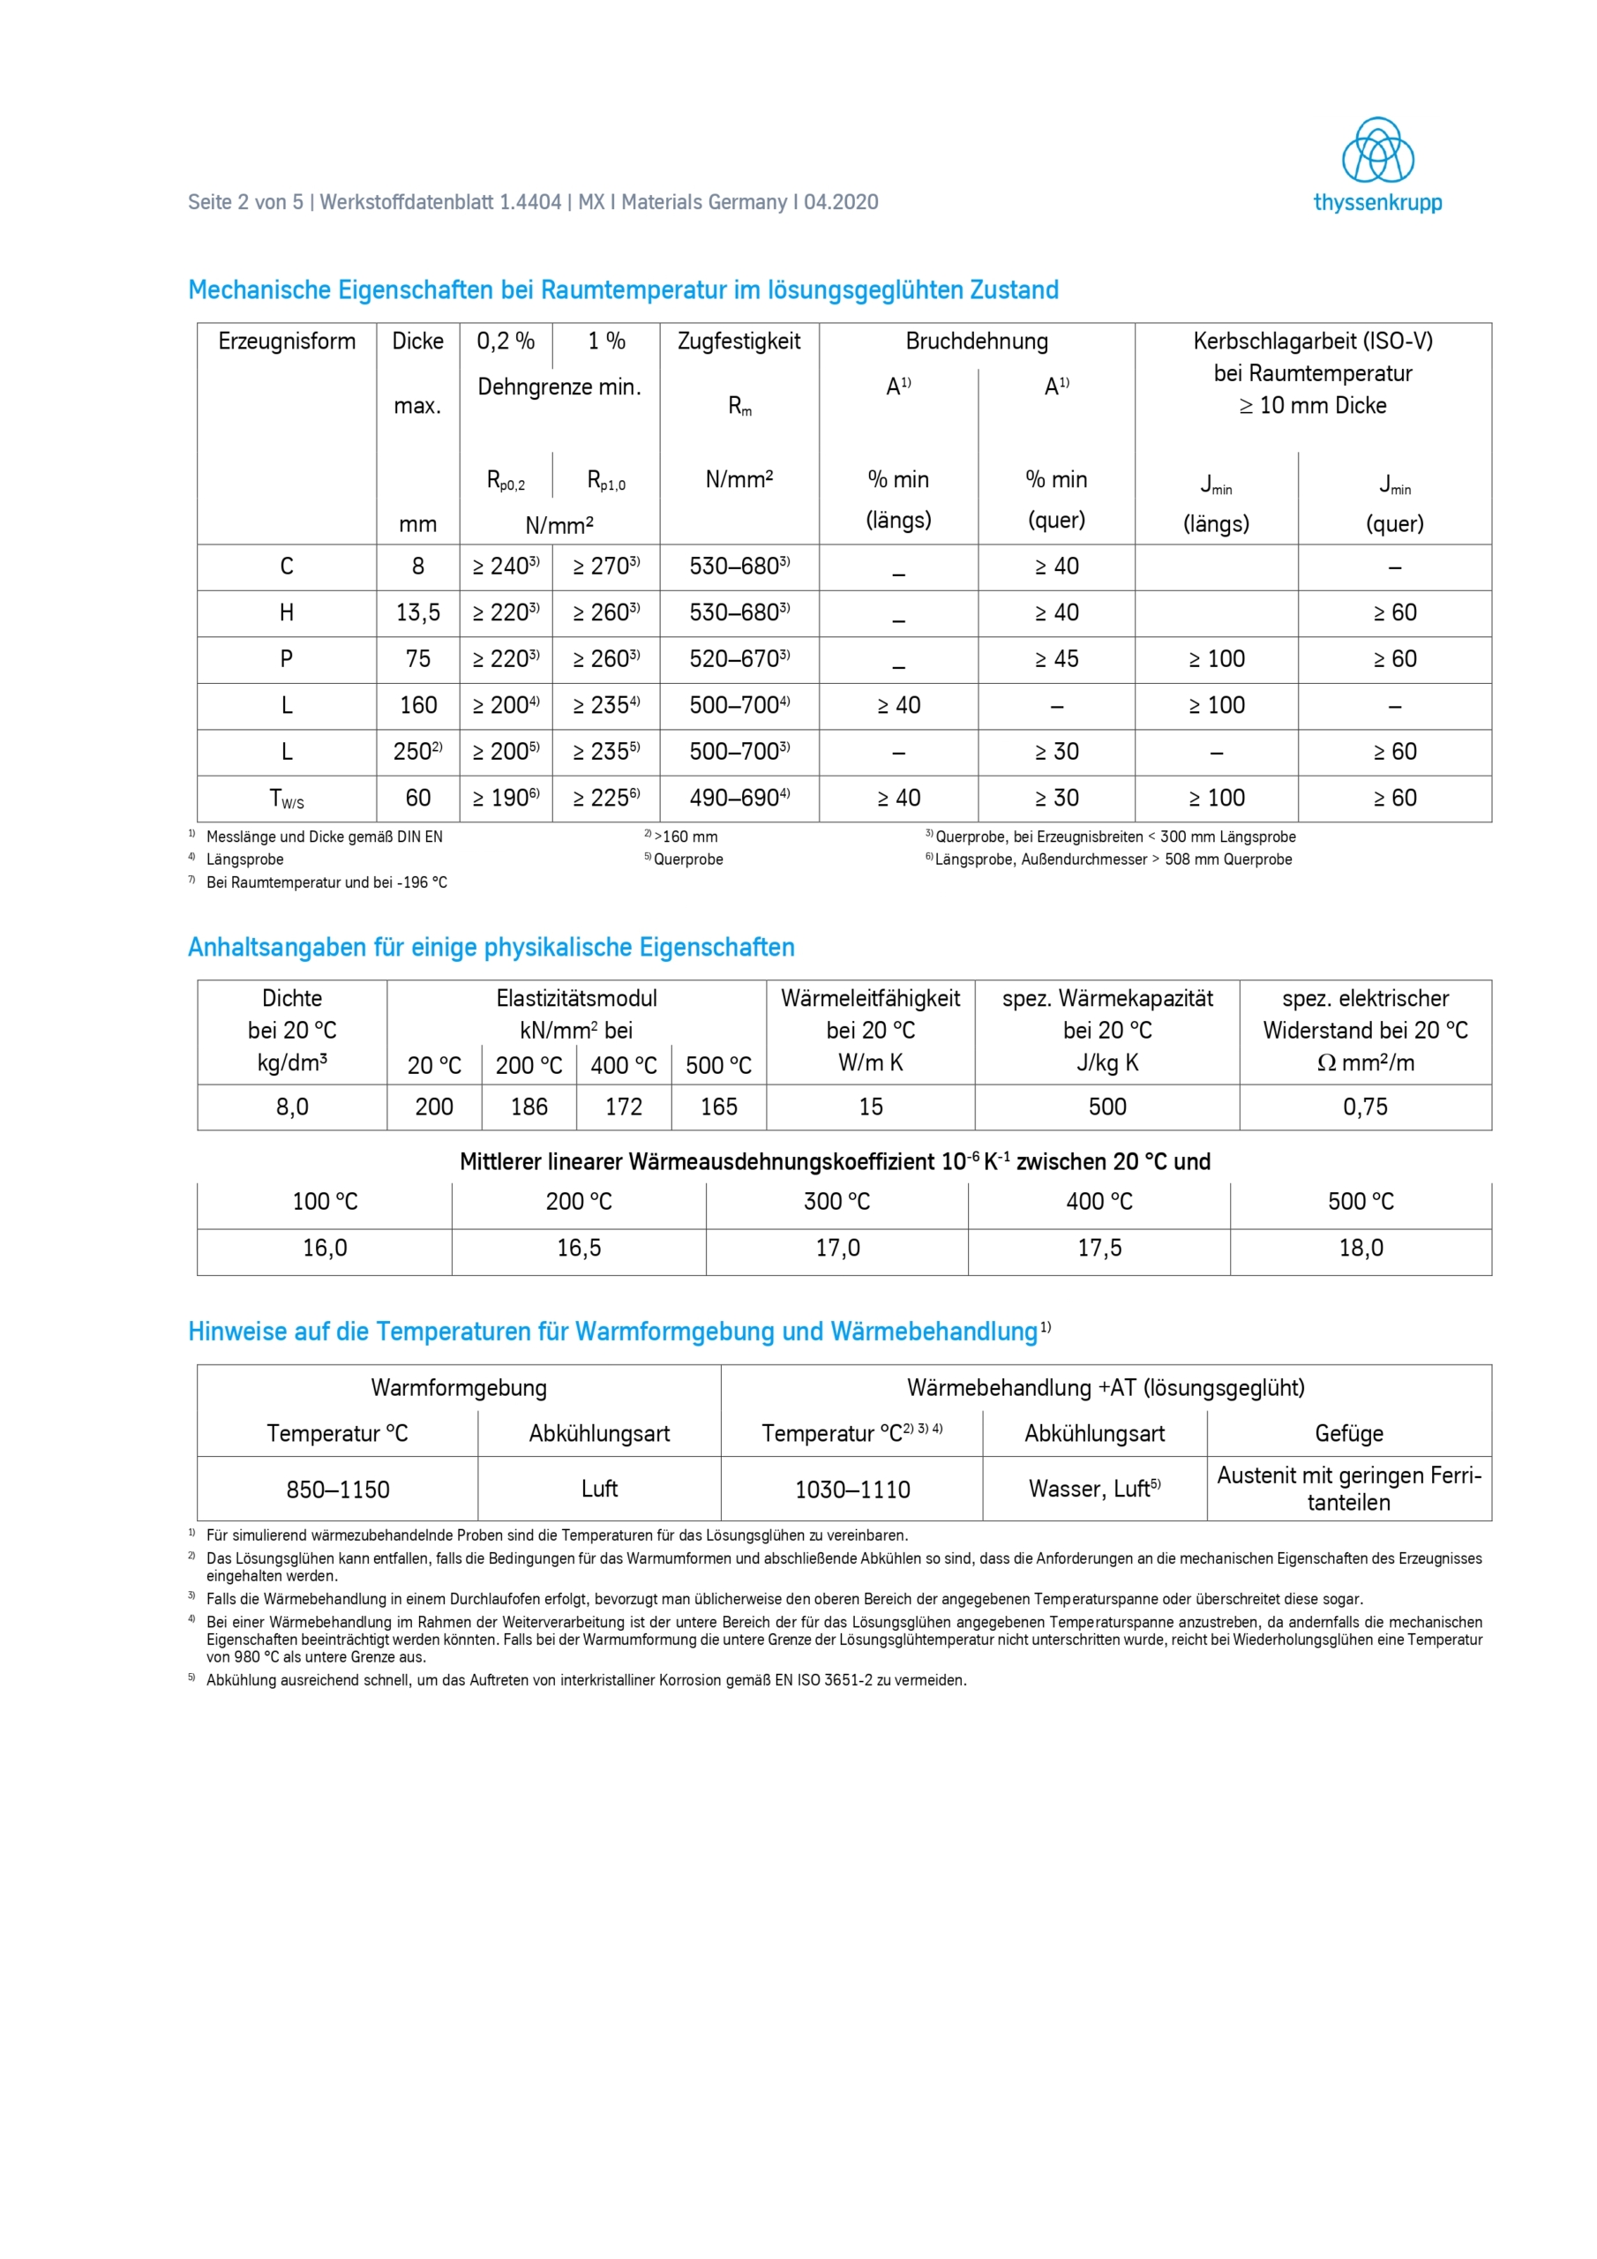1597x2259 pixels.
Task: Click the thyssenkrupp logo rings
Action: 1377,151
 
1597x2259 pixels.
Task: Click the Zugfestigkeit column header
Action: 739,341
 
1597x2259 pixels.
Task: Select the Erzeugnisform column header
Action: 287,341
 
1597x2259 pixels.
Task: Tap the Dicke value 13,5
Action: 418,613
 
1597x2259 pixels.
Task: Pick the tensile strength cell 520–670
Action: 739,659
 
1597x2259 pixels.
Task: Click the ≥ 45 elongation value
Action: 1056,659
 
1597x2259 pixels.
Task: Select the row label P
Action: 287,659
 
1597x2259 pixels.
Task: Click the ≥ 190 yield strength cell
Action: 506,798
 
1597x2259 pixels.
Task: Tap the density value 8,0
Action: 292,1107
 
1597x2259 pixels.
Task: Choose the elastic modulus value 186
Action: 529,1107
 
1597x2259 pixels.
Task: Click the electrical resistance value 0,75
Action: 1365,1107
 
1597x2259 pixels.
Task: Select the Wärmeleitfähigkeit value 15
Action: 871,1107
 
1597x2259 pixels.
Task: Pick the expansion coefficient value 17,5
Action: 1099,1248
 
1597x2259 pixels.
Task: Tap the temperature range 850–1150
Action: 338,1490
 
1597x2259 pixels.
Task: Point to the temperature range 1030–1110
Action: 852,1490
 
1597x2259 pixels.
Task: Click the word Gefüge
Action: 1349,1434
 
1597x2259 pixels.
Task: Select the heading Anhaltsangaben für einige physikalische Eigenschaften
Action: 491,948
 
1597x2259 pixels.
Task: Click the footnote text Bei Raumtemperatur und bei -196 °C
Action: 326,882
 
